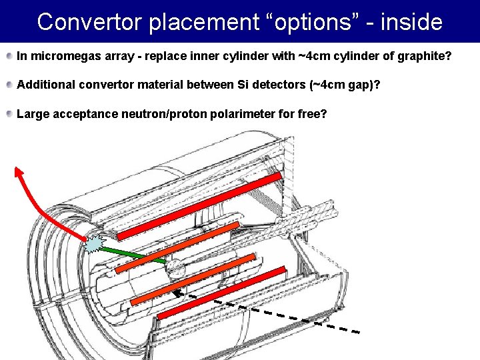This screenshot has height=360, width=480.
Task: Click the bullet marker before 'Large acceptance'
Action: [9, 114]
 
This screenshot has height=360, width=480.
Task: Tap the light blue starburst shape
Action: [95, 245]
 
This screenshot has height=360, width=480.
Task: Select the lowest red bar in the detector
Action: [221, 299]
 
